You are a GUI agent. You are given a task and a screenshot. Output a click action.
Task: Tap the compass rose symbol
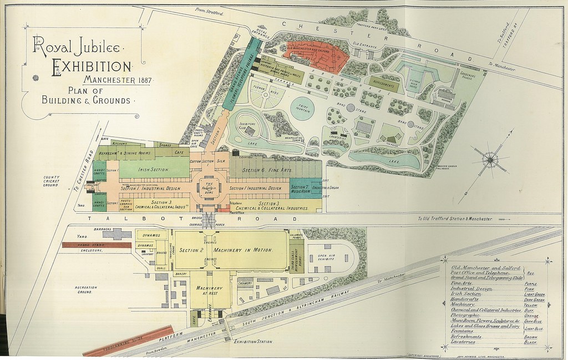[490, 160]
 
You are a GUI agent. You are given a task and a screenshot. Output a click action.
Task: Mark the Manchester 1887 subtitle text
[118, 81]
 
